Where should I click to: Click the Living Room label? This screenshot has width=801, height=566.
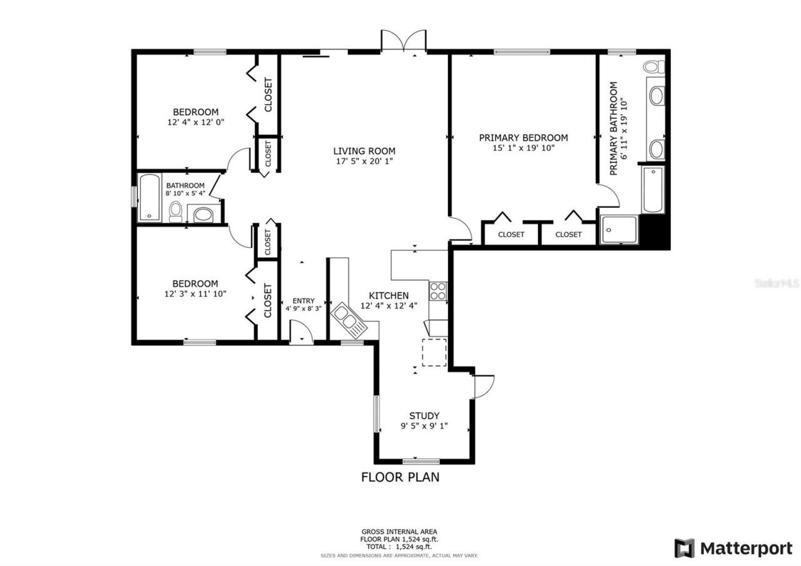pos(364,151)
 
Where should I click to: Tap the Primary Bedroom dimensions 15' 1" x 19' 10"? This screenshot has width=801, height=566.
pos(523,148)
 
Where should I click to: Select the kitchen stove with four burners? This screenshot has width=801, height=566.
pos(437,291)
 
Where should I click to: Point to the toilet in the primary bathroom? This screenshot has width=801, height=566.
pos(653,66)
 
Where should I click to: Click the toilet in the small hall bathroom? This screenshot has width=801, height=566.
pos(176,212)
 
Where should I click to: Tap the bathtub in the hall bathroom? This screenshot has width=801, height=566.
pos(149,198)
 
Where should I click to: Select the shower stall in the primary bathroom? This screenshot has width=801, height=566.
pos(618,229)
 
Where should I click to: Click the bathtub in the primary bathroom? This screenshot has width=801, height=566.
pos(653,190)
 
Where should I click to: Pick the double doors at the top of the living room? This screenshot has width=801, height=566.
pos(404,42)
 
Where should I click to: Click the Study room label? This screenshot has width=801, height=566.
pos(424,416)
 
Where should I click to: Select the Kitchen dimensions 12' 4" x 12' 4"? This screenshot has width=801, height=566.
pos(389,306)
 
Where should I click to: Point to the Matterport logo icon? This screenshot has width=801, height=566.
pos(684,548)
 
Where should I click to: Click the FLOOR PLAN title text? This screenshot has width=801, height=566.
pos(400,477)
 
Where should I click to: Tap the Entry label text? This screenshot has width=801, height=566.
pos(304,301)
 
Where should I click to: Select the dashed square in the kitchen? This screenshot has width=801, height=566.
pos(434,352)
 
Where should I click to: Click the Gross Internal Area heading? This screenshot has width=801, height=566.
pos(400,531)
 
